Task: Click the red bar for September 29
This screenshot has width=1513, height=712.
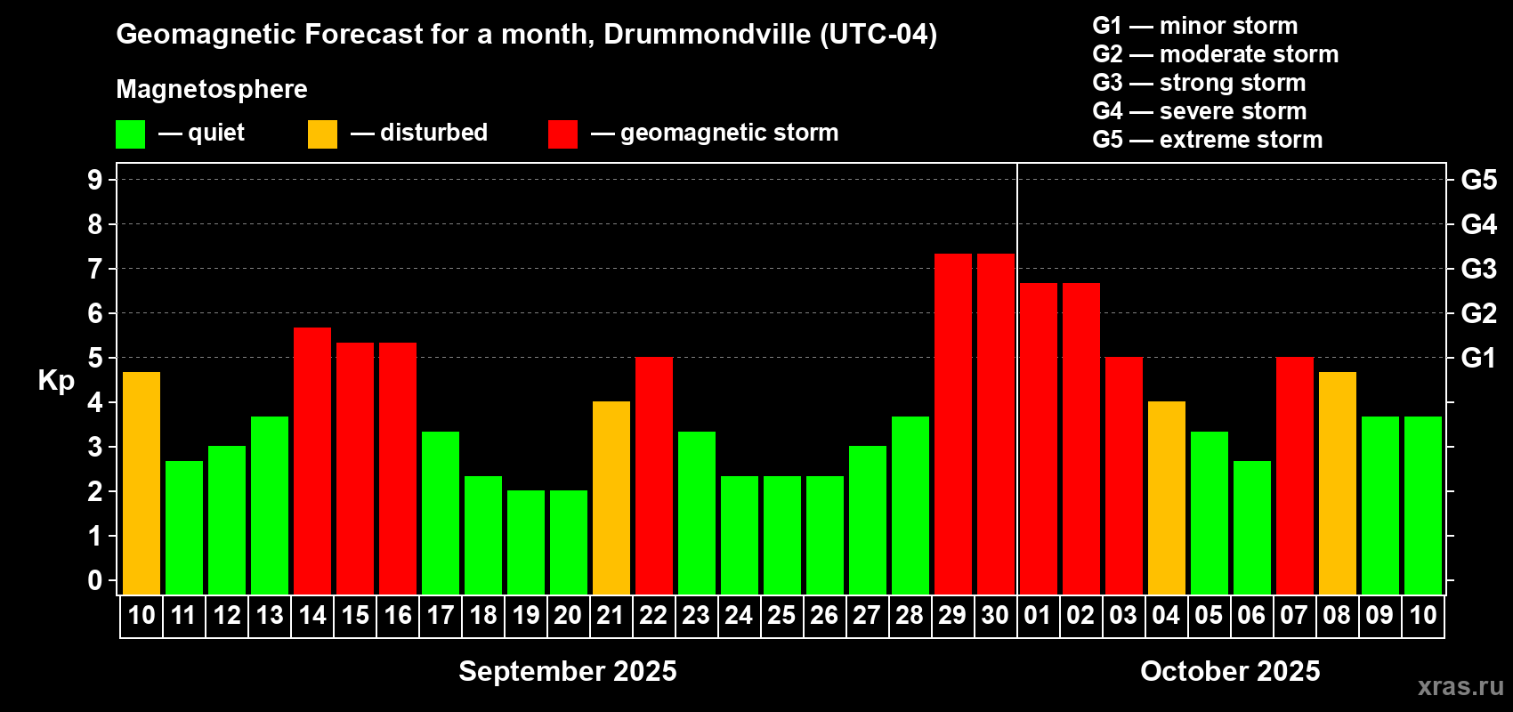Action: coord(953,425)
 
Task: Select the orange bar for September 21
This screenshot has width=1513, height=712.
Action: coord(611,498)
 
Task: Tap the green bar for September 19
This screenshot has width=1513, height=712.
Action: coord(525,542)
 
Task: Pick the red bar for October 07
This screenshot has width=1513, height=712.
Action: coord(1295,475)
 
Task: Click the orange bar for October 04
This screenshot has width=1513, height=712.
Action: coord(1167,498)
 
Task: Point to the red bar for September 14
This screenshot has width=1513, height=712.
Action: coord(312,461)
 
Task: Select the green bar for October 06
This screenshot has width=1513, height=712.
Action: coord(1252,528)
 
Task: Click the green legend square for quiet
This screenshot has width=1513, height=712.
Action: coord(130,133)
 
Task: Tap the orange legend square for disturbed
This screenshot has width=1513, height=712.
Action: coord(322,133)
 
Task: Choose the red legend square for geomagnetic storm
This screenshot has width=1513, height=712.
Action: coord(562,133)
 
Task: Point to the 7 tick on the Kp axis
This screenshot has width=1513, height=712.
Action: coord(94,269)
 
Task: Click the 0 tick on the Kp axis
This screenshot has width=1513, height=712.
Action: coord(94,580)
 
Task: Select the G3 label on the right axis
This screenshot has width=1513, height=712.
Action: coord(1479,269)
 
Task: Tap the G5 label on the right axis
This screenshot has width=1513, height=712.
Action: coord(1479,180)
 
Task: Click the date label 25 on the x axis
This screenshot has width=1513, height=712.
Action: coord(781,615)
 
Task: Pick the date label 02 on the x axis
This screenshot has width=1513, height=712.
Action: coord(1080,615)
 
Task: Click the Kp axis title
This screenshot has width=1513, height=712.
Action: coord(56,381)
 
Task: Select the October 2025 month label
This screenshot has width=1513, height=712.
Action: coord(1230,671)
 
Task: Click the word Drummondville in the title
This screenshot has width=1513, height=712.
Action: coord(708,34)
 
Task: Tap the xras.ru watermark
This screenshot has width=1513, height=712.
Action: coord(1460,686)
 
